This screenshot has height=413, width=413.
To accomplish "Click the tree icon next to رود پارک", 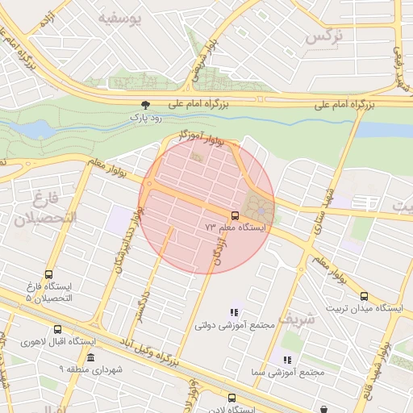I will pos(145,105).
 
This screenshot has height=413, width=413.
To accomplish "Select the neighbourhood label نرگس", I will pos(324,37).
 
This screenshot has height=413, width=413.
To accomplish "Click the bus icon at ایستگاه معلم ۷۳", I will pos(235,215).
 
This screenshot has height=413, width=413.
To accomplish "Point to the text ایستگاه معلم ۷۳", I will pos(236,228).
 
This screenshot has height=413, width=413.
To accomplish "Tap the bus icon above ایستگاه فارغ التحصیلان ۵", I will pos(50,274).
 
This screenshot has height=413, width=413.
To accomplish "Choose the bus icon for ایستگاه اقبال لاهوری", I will pos(56,329).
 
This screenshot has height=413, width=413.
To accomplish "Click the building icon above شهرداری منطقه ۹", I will pos(90,357).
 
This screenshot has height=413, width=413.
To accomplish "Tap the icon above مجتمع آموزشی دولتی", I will pos(235,312).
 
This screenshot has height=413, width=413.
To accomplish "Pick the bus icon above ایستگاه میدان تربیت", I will pos(364,296).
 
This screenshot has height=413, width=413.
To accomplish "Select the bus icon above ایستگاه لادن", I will pos(232,398).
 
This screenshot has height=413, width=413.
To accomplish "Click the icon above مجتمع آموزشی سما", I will pos(286,360).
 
